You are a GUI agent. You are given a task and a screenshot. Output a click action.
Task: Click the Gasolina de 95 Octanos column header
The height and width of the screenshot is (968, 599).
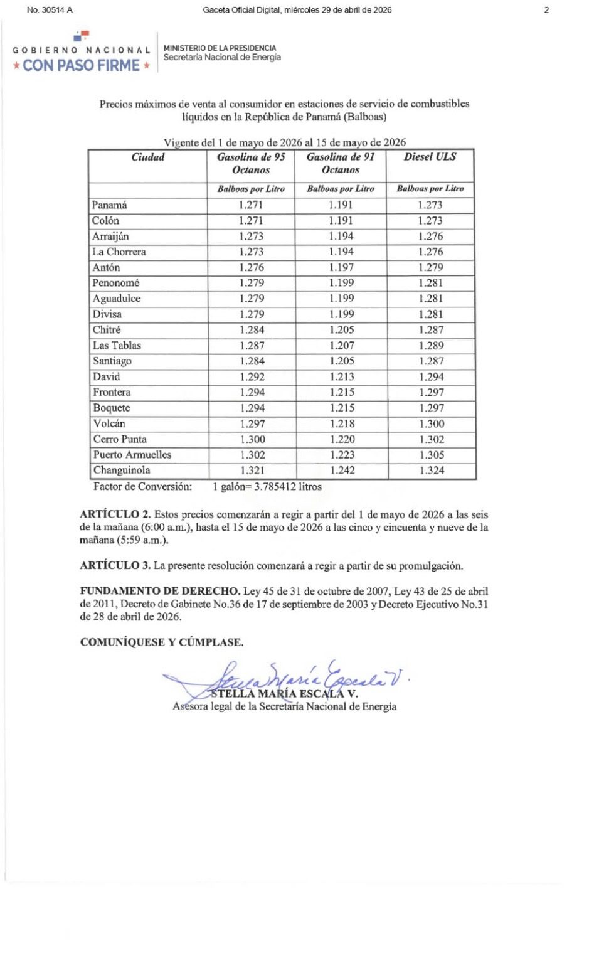click(251, 163)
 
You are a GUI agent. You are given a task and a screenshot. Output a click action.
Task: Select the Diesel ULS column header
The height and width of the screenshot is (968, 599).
click(430, 157)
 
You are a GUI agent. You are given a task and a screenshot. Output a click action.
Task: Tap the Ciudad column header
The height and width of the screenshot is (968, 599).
click(148, 157)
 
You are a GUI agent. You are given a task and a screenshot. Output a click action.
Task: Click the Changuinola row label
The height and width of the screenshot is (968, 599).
click(122, 471)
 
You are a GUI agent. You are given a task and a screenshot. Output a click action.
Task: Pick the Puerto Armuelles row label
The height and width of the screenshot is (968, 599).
click(132, 455)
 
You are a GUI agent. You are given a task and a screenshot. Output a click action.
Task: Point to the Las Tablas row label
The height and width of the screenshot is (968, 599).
click(117, 346)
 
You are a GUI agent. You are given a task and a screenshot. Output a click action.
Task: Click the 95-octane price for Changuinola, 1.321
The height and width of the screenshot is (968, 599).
click(252, 471)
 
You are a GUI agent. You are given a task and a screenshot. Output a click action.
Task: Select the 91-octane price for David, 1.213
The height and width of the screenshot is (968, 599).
click(342, 377)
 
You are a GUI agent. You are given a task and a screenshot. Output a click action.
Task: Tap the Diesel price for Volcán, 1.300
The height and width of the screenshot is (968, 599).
click(432, 424)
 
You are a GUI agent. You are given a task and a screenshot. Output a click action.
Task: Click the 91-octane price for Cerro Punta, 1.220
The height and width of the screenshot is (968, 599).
click(342, 440)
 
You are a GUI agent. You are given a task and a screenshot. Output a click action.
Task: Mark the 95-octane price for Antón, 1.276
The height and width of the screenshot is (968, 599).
click(252, 267)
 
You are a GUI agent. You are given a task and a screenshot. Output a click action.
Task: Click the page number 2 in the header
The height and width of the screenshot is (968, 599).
click(546, 10)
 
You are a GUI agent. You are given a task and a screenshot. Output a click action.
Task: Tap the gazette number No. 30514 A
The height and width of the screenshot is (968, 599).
click(50, 10)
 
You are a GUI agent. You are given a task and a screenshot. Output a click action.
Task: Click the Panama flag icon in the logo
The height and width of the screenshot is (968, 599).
click(82, 36)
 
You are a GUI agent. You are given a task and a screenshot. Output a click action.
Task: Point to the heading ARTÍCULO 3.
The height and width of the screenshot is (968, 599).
click(115, 566)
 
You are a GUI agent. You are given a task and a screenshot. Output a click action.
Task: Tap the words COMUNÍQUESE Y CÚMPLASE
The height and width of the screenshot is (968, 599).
click(162, 642)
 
